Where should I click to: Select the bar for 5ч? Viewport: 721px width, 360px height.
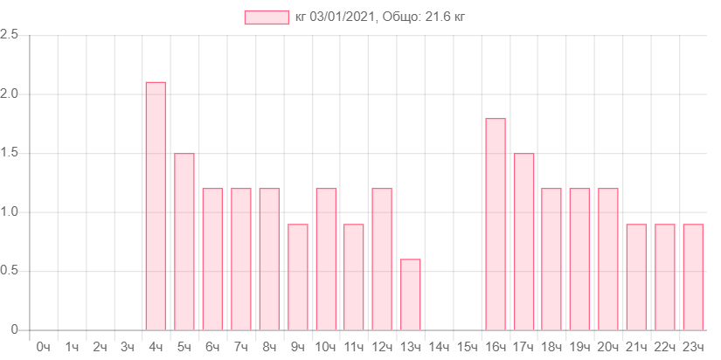click(x=184, y=241)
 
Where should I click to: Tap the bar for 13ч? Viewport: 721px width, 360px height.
click(x=411, y=294)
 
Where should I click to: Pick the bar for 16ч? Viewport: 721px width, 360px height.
click(x=496, y=224)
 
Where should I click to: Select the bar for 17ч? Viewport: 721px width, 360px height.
click(x=524, y=241)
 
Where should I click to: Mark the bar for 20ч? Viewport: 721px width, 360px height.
click(x=608, y=259)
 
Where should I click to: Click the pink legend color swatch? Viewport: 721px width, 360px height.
click(x=267, y=17)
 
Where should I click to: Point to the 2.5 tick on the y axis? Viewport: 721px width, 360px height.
click(x=10, y=34)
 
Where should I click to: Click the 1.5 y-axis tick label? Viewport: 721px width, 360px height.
click(x=10, y=153)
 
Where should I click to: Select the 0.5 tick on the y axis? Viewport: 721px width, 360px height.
click(x=10, y=271)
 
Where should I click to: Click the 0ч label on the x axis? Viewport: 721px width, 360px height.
click(x=43, y=347)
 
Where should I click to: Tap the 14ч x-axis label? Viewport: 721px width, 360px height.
click(x=439, y=347)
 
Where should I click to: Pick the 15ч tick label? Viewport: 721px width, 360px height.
click(x=467, y=347)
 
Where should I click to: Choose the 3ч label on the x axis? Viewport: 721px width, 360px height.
click(x=128, y=347)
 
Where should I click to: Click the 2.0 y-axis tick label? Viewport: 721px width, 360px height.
click(x=10, y=93)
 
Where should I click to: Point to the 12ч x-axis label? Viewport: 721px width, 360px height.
click(x=382, y=347)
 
